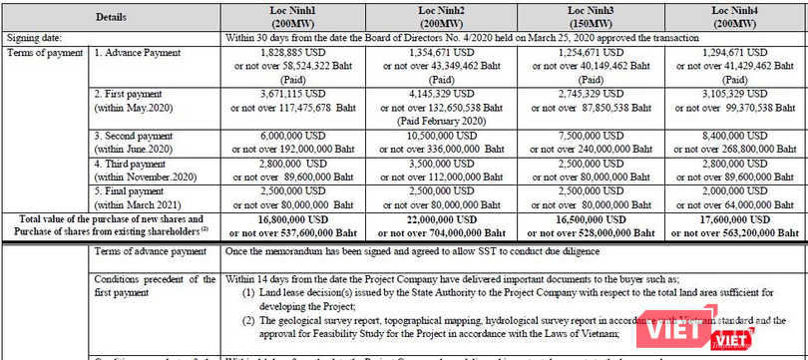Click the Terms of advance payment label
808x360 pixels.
pyautogui.click(x=150, y=253)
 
